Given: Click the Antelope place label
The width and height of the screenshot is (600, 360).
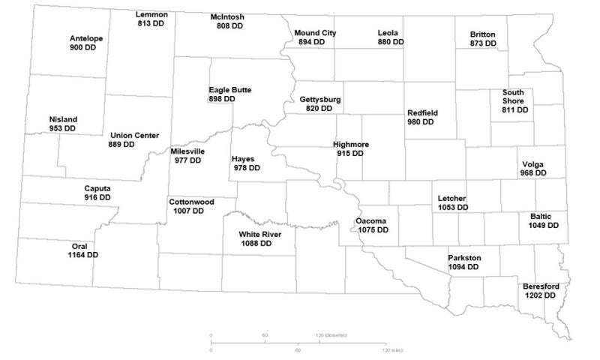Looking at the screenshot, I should (86, 38).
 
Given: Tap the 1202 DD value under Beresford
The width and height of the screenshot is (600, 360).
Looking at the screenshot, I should (540, 295).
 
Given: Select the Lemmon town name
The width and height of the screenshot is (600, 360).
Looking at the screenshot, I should (152, 15).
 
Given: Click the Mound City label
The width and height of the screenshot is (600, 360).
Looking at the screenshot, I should (315, 33).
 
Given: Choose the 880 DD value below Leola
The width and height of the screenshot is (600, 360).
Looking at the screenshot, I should (390, 42).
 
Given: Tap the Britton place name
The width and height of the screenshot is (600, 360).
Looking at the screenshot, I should (482, 34).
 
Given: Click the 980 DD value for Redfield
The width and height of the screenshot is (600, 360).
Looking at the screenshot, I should (422, 122).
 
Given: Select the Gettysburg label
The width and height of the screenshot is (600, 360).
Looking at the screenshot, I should (320, 99).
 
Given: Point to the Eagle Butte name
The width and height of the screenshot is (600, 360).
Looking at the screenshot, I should (230, 90).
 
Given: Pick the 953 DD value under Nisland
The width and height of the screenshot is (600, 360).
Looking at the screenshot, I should (62, 129).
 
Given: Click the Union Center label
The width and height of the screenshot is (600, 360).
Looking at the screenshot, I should (134, 135).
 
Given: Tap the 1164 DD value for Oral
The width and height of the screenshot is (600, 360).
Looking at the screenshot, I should (82, 255).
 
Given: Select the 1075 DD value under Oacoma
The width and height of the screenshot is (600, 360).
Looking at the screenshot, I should (373, 230).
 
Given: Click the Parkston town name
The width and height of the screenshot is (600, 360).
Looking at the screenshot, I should (464, 258).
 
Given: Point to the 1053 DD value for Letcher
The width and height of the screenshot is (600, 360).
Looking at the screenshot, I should (453, 207).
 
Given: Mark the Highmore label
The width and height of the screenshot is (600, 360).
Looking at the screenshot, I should (349, 144).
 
